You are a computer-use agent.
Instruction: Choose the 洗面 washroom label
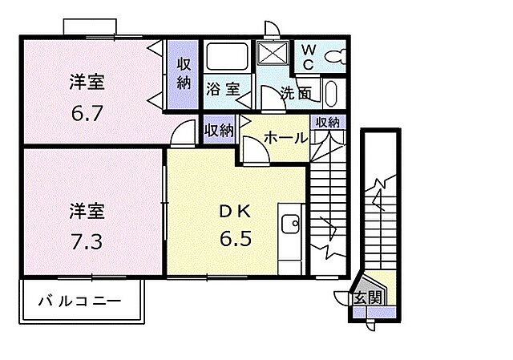pyautogui.click(x=296, y=91)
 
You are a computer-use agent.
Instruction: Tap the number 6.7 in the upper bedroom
pyautogui.click(x=87, y=114)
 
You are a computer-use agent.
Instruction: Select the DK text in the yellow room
pyautogui.click(x=236, y=212)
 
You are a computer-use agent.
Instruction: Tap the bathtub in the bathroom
pyautogui.click(x=228, y=57)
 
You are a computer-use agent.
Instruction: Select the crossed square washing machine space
pyautogui.click(x=274, y=55)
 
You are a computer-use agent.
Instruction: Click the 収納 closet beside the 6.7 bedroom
pyautogui.click(x=184, y=74)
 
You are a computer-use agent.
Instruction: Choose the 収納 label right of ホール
pyautogui.click(x=327, y=122)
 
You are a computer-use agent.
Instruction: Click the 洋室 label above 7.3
pyautogui.click(x=87, y=212)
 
